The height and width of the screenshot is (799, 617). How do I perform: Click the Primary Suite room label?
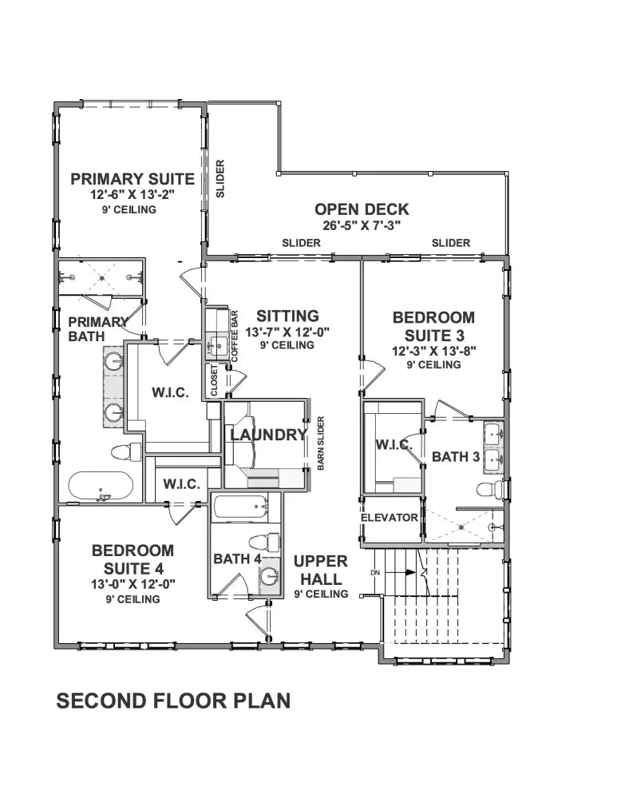[x=132, y=179]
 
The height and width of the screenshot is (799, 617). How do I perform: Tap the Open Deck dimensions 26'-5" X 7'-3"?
[x=362, y=226]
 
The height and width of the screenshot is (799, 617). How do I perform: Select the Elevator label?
[x=390, y=518]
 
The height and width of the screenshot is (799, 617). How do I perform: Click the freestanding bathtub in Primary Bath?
[x=101, y=487]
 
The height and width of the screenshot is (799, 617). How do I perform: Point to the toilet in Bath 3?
[x=490, y=490]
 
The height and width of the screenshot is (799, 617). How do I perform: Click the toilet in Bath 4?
[x=265, y=542]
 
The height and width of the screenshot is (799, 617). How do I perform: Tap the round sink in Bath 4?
[x=269, y=576]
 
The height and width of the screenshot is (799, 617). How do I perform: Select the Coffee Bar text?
[x=235, y=336]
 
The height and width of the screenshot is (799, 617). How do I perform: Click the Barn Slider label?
[x=321, y=443]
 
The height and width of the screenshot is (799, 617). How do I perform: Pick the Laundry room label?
[x=269, y=435]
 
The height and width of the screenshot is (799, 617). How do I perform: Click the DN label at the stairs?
[x=375, y=573]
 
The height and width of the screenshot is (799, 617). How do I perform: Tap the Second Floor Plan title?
[x=173, y=702]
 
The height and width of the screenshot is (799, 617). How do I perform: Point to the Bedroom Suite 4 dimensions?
[x=132, y=584]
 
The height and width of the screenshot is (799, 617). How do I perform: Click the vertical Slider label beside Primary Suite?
[x=220, y=179]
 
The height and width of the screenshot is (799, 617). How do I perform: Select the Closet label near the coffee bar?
[x=214, y=380]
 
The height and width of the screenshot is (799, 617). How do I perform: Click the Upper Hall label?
[x=321, y=570]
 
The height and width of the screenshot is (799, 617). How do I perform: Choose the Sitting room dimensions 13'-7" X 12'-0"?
[x=287, y=332]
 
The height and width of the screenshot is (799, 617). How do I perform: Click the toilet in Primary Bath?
[x=126, y=452]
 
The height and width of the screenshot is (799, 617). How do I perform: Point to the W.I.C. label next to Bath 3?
[x=394, y=445]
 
